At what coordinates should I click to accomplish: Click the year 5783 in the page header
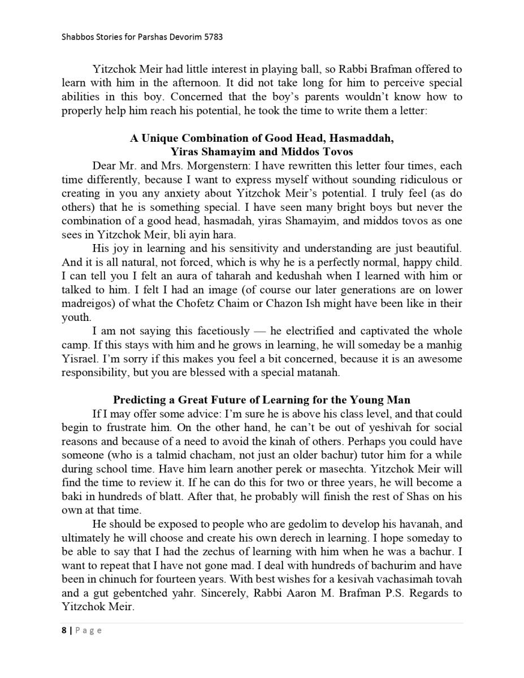tap(213, 37)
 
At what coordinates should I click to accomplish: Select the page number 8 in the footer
tap(64, 631)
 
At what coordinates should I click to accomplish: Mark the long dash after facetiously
tap(260, 331)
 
